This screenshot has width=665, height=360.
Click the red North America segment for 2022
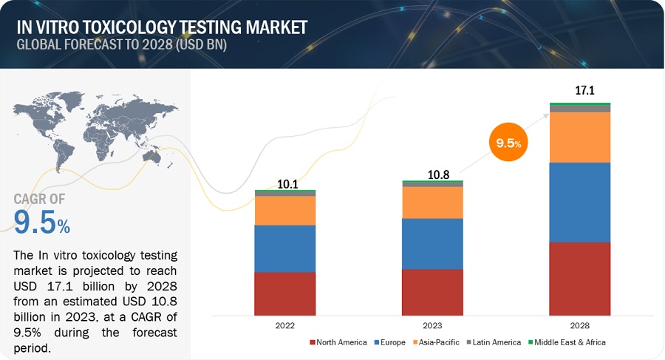coord(284,294)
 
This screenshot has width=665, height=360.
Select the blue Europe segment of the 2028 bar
coord(579,202)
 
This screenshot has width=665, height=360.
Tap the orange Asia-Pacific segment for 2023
coord(432,202)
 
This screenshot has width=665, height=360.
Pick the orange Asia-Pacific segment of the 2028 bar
coord(579,137)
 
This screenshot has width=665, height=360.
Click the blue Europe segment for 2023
coord(432,243)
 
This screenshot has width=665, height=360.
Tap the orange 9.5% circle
coord(508,143)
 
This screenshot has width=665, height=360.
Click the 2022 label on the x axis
coord(284,325)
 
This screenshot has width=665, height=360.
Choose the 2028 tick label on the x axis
coord(579,325)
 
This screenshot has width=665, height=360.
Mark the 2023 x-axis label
coord(432,325)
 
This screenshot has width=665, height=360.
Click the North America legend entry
coord(341,342)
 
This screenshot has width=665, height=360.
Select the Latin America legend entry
coord(494,342)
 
